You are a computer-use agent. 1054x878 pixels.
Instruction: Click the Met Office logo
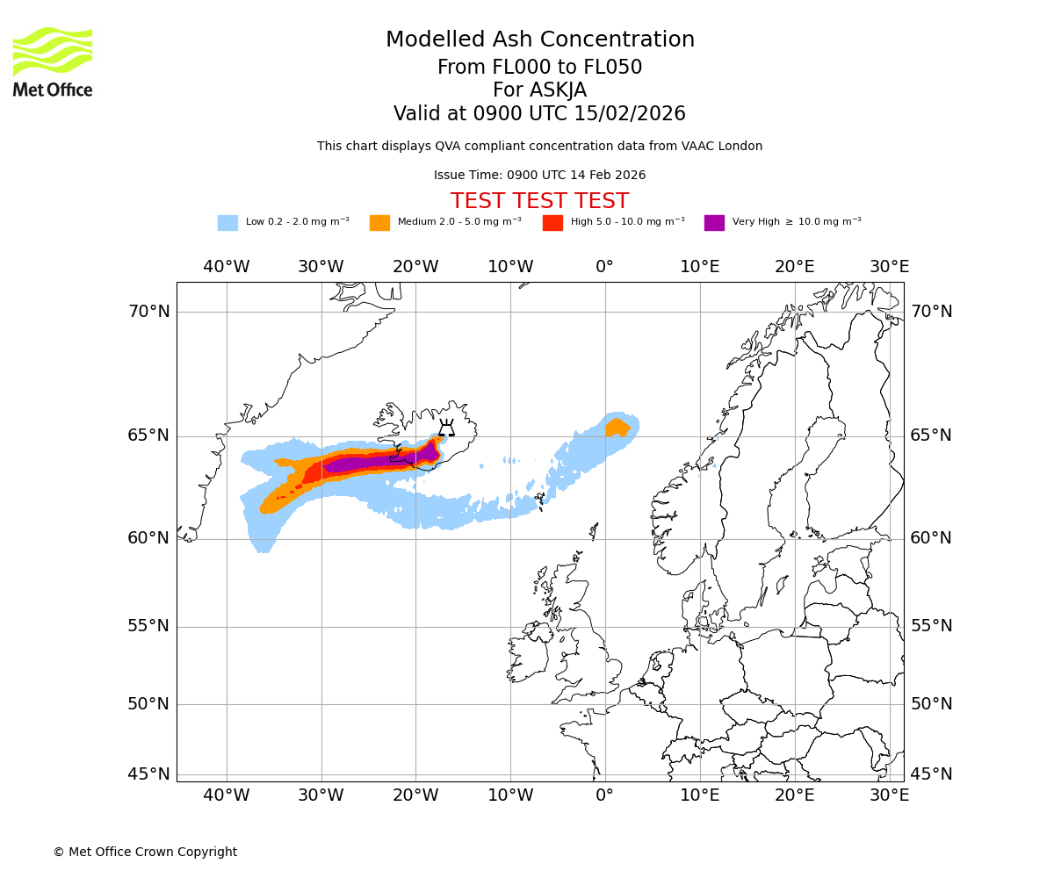(x=53, y=61)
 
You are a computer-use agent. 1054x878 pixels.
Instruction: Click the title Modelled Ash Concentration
(x=540, y=40)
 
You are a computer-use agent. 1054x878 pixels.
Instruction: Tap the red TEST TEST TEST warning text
(x=539, y=201)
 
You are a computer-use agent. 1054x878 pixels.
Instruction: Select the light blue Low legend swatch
(x=227, y=223)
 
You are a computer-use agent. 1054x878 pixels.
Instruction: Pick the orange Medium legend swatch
(x=379, y=223)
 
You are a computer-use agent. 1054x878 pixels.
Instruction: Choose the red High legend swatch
(x=552, y=223)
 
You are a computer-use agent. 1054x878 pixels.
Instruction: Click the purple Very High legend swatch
(x=714, y=223)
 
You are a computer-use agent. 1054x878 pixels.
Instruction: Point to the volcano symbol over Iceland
(x=446, y=428)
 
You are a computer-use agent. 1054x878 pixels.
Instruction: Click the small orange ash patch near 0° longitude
(x=617, y=428)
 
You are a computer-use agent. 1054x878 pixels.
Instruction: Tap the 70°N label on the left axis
(x=148, y=312)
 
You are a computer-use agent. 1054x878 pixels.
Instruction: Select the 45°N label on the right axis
(x=931, y=774)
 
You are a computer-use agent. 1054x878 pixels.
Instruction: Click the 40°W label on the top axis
(x=227, y=267)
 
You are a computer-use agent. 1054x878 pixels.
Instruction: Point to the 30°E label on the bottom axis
(x=889, y=795)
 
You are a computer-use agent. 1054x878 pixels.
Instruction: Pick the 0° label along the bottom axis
(x=604, y=795)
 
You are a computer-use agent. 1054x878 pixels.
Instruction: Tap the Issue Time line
(x=539, y=176)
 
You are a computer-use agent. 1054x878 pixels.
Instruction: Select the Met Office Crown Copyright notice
(x=145, y=853)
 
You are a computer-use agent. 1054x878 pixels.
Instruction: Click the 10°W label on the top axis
(x=510, y=267)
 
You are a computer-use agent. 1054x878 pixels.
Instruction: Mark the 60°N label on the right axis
(x=931, y=538)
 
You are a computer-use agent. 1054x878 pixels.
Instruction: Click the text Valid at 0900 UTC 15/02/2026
(x=539, y=114)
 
